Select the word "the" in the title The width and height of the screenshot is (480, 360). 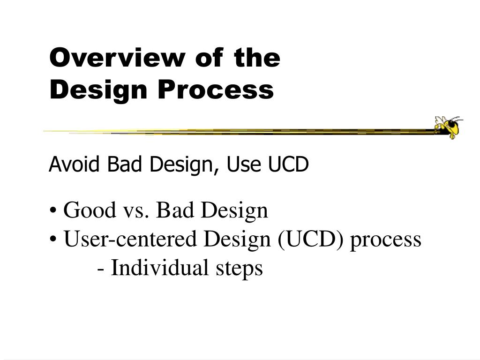(257, 57)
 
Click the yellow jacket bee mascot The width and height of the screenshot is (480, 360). (449, 127)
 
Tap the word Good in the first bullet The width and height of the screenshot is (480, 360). (90, 210)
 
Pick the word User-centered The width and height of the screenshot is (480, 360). (130, 239)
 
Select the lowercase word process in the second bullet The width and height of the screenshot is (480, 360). (386, 240)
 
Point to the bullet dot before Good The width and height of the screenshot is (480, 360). (53, 211)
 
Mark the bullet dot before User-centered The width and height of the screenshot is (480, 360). (53, 240)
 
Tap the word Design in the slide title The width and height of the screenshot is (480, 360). (98, 90)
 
